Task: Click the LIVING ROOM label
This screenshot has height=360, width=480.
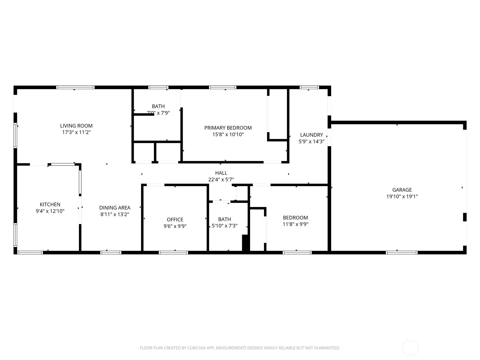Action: pyautogui.click(x=76, y=126)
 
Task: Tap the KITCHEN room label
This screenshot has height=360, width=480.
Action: pyautogui.click(x=50, y=204)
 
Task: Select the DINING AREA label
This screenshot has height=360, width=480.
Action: pyautogui.click(x=115, y=208)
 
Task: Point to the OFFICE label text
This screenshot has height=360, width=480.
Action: pyautogui.click(x=175, y=220)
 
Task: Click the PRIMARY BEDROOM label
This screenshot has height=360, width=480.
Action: pyautogui.click(x=228, y=128)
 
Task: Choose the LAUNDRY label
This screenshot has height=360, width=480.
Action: pyautogui.click(x=312, y=135)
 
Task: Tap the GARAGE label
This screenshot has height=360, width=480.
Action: pyautogui.click(x=402, y=190)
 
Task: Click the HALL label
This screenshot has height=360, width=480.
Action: pyautogui.click(x=221, y=173)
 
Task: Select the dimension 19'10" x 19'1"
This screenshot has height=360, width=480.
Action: pyautogui.click(x=402, y=196)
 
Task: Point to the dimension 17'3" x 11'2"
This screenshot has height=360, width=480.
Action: pyautogui.click(x=76, y=132)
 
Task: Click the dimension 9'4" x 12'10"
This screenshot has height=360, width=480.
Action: pyautogui.click(x=50, y=211)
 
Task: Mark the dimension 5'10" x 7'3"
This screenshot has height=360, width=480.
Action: pyautogui.click(x=225, y=226)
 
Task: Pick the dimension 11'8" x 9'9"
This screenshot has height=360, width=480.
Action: pyautogui.click(x=295, y=224)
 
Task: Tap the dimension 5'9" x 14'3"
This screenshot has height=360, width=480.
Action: pyautogui.click(x=312, y=141)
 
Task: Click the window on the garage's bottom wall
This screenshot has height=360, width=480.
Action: pyautogui.click(x=402, y=253)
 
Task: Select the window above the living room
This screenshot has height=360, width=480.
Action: pyautogui.click(x=75, y=87)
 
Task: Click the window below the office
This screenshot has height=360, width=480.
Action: pyautogui.click(x=173, y=253)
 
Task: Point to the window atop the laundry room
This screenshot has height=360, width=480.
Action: pyautogui.click(x=309, y=87)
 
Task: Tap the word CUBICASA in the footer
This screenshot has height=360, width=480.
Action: pyautogui.click(x=196, y=348)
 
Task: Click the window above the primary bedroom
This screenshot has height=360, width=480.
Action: pyautogui.click(x=223, y=87)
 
